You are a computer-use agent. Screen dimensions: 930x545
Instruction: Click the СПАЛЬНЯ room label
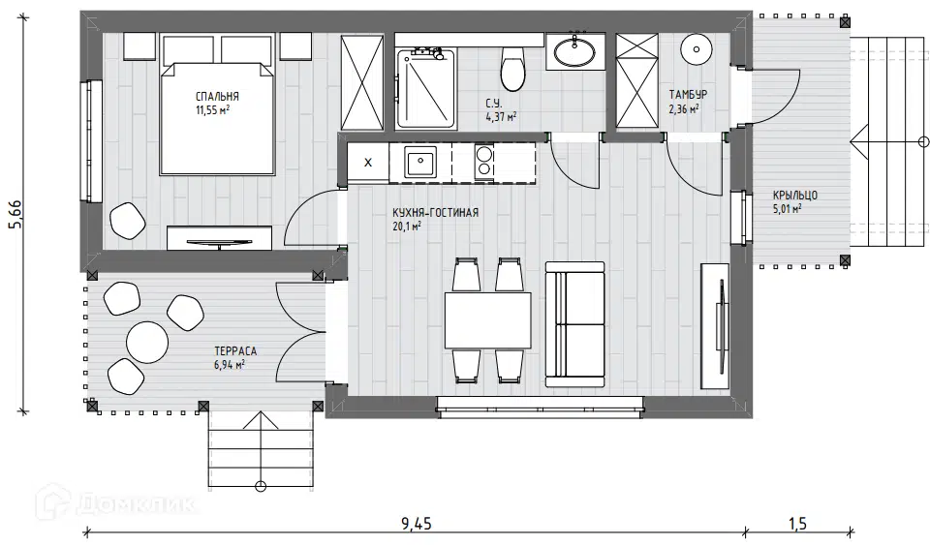217,96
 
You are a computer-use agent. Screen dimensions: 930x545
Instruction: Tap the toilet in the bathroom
513,69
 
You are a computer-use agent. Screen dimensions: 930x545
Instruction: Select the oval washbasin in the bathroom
574,51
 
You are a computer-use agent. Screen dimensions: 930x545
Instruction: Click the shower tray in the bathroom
426,89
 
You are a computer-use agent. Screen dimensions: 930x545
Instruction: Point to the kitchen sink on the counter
420,162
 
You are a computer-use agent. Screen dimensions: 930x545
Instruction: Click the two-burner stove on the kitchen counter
484,162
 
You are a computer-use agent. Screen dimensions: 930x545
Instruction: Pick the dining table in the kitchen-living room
488,320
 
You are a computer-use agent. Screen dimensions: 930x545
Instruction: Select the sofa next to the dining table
574,324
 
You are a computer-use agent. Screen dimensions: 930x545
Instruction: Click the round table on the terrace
147,342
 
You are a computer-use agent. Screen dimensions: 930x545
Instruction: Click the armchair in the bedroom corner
128,221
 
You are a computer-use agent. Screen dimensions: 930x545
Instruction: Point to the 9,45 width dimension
417,524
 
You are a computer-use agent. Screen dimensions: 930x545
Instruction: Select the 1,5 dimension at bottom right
797,524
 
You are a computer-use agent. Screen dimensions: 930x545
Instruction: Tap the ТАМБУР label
688,94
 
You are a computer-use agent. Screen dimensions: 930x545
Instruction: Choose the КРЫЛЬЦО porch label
794,195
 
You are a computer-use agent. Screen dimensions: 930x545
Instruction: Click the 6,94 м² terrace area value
230,364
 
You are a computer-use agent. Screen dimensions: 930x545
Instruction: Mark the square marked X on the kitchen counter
368,163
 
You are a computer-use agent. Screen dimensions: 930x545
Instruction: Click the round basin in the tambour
697,48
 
